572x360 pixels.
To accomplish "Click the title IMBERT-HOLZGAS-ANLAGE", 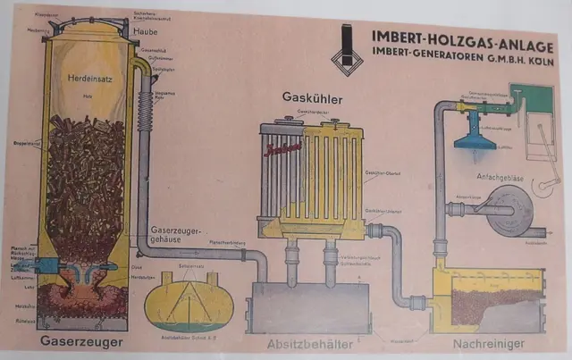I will [x=447, y=37].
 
